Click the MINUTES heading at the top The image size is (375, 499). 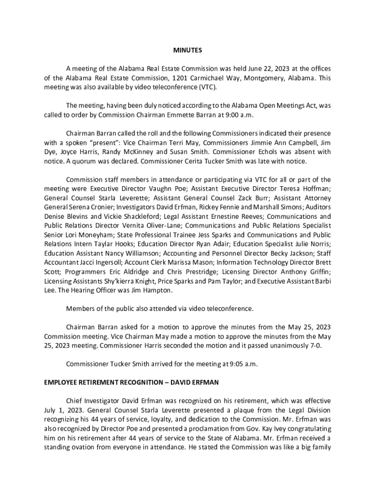pyautogui.click(x=187, y=50)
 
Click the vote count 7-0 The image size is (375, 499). pyautogui.click(x=314, y=345)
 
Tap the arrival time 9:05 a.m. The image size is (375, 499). pyautogui.click(x=241, y=364)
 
